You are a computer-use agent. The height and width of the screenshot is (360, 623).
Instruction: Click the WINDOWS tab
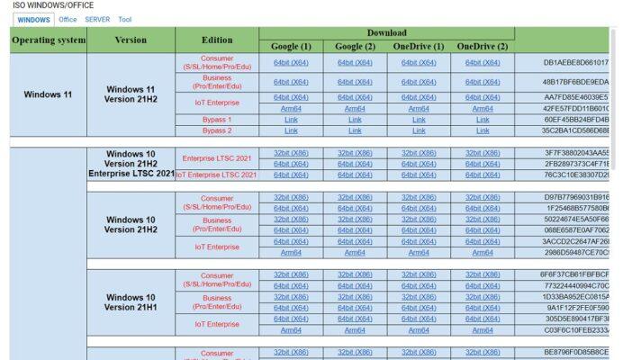pos(34,19)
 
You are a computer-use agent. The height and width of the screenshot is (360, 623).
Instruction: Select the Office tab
pos(68,19)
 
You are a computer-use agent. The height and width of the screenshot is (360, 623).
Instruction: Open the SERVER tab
pos(97,19)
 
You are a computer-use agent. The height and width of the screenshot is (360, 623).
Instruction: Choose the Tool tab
pos(124,19)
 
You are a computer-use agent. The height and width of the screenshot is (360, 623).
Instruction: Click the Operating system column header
pos(49,40)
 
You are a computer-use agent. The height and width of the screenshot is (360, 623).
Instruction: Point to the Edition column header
pos(217,40)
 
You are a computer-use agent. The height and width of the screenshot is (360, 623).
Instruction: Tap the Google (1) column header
pos(291,47)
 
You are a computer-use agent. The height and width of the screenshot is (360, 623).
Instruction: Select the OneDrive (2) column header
pos(483,47)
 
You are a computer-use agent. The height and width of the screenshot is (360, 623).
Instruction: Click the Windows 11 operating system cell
pos(49,94)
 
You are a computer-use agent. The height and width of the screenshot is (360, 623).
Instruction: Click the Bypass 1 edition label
pos(217,119)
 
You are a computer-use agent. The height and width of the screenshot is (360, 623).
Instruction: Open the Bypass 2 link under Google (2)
pos(355,130)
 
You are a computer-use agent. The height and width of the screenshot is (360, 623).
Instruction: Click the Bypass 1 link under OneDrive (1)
pos(419,119)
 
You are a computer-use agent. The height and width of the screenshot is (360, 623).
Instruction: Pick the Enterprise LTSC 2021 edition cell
pos(217,158)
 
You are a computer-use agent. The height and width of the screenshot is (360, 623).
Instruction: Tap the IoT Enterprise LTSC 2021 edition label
pos(217,175)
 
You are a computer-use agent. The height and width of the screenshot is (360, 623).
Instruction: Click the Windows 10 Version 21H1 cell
pos(131,302)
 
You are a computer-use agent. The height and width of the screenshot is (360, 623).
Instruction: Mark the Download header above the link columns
pos(386,33)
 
